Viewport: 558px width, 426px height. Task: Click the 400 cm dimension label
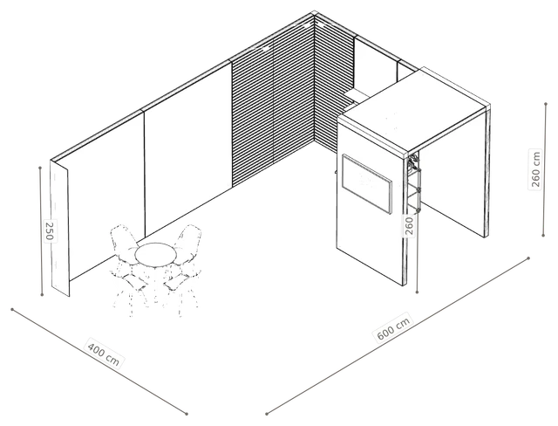click(104, 354)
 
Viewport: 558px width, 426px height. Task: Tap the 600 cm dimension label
click(393, 327)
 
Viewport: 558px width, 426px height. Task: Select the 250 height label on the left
click(50, 230)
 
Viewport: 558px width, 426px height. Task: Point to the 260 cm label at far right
click(535, 169)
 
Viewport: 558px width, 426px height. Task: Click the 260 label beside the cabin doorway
click(409, 225)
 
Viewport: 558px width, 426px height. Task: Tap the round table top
click(155, 255)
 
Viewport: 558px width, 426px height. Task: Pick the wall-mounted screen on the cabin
click(367, 184)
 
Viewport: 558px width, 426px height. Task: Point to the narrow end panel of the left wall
click(60, 228)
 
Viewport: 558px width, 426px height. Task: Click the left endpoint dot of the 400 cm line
click(12, 309)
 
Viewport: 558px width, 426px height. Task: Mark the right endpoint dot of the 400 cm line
click(187, 414)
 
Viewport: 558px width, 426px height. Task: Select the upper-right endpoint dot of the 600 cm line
click(528, 258)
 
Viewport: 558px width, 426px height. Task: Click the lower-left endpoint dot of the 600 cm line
click(266, 414)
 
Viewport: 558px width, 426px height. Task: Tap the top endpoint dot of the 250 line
click(40, 168)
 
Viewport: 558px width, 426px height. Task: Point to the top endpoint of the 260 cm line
click(546, 104)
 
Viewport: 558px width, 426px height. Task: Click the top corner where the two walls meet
click(315, 13)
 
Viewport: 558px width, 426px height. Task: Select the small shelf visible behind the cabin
click(357, 93)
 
